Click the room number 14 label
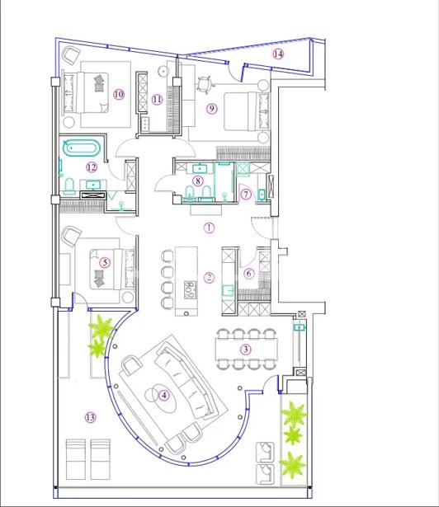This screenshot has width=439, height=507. click(278, 54)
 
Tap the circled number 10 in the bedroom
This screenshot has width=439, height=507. click(119, 95)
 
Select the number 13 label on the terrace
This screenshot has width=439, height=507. click(90, 417)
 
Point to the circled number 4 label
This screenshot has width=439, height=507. click(164, 395)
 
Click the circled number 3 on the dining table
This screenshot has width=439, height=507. click(246, 350)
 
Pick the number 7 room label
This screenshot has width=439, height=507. click(246, 195)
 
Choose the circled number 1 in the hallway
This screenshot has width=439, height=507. click(209, 228)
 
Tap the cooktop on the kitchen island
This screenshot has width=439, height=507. click(190, 290)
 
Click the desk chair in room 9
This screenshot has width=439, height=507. click(205, 85)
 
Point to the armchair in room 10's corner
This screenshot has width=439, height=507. click(71, 55)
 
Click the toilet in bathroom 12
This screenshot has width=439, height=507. click(69, 186)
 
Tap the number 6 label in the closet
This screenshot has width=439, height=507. click(248, 274)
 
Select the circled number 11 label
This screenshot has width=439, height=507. click(157, 99)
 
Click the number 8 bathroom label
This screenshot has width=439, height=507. click(198, 181)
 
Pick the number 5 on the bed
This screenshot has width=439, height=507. click(105, 262)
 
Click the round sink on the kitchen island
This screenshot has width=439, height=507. click(186, 313)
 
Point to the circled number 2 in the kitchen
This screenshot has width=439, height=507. click(209, 277)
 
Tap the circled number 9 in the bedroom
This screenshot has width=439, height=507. click(211, 108)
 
